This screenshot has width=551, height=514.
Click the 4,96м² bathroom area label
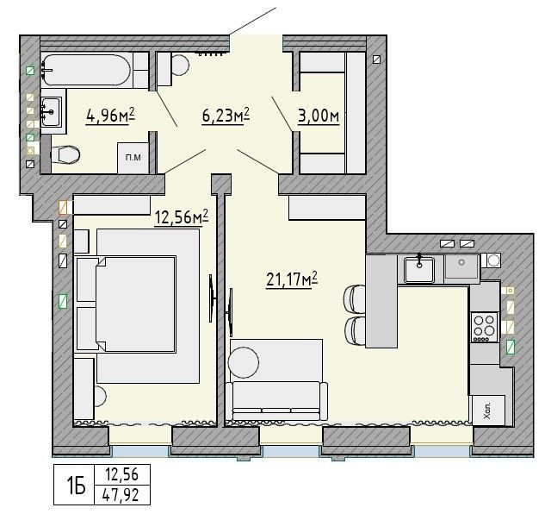click(x=111, y=115)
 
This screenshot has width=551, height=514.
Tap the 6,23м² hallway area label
click(x=226, y=115)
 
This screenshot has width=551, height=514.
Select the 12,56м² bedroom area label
click(x=182, y=217)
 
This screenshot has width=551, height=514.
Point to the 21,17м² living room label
click(x=292, y=279)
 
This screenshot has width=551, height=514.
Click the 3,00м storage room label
click(x=319, y=116)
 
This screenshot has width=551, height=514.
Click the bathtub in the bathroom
click(x=86, y=70)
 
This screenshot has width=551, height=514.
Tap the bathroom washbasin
click(x=52, y=111)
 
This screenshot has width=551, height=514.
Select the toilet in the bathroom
click(x=65, y=154)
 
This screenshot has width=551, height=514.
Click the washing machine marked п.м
click(x=133, y=158)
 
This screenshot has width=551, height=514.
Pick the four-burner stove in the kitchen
click(x=485, y=328)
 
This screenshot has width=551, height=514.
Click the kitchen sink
click(x=419, y=269)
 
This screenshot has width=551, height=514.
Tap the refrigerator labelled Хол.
click(x=489, y=411)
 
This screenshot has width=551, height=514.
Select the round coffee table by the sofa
click(x=244, y=362)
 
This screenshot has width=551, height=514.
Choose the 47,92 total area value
click(x=121, y=496)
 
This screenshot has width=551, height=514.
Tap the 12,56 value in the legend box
click(x=122, y=475)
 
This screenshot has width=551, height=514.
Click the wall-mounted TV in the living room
click(x=230, y=312)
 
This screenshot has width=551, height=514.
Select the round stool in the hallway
click(x=180, y=65)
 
